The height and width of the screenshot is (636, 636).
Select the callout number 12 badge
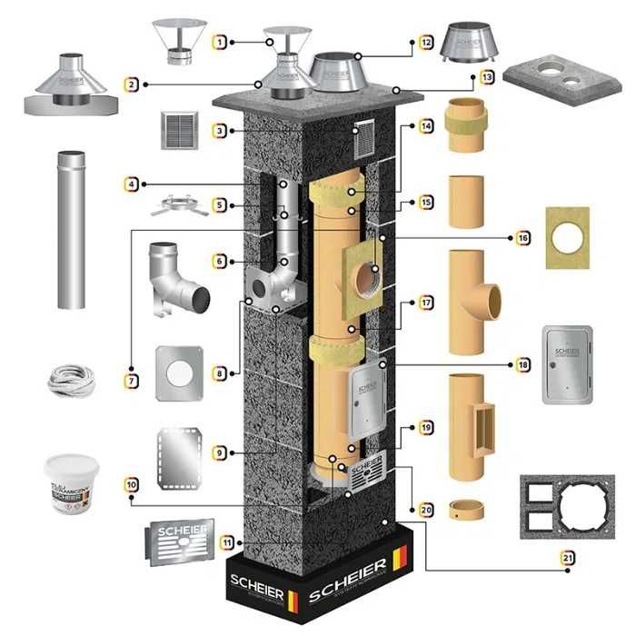pos(426,41)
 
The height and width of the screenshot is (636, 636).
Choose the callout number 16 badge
pos(522,237)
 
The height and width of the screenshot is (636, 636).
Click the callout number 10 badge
pos(132,486)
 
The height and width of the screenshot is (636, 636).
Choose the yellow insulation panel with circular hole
pos(567,237)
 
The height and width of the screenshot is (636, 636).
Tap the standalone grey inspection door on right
pos(567,363)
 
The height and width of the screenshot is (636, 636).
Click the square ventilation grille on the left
pos(179,131)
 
